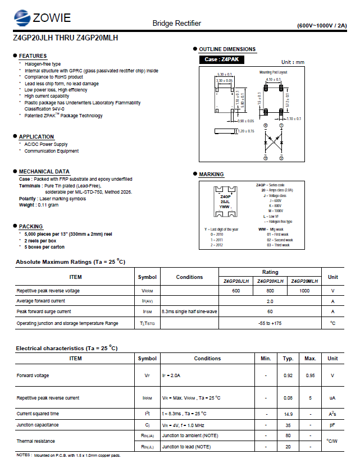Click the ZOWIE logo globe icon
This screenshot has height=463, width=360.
click(23, 18)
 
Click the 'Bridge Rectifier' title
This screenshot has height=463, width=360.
click(176, 23)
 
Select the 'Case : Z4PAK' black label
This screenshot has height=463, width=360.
click(222, 59)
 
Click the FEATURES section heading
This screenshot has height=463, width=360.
click(33, 56)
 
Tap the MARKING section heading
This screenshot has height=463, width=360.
click(211, 175)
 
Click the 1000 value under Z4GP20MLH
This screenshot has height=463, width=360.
click(304, 291)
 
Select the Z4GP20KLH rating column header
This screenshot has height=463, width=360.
click(270, 281)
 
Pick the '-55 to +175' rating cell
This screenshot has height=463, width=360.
click(270, 323)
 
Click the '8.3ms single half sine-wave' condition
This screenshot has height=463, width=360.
click(189, 311)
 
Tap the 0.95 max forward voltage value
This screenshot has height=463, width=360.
click(310, 375)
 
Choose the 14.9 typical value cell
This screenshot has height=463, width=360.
click(288, 414)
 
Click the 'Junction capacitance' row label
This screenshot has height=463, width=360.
click(38, 425)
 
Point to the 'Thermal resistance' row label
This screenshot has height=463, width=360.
click(36, 441)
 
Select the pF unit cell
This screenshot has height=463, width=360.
click(332, 425)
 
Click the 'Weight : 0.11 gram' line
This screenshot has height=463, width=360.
click(39, 205)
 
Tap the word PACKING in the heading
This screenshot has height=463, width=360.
click(31, 227)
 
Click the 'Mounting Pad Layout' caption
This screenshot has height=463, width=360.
click(273, 72)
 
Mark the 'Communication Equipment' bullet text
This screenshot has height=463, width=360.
click(52, 151)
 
